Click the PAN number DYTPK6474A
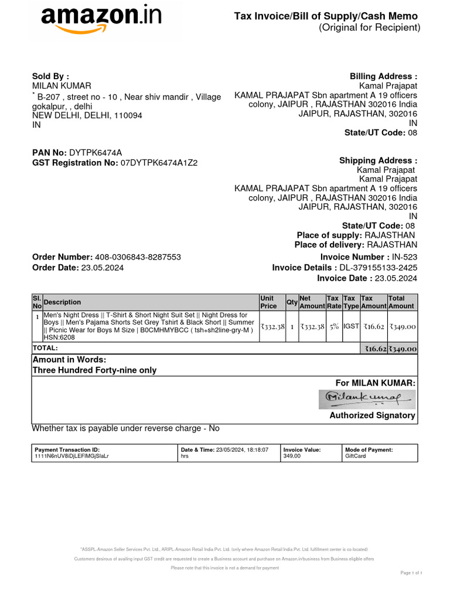pyautogui.click(x=96, y=152)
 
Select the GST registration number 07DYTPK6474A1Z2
pyautogui.click(x=159, y=163)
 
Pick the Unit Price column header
pyautogui.click(x=268, y=302)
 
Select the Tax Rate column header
pyautogui.click(x=333, y=302)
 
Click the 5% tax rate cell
pyautogui.click(x=333, y=326)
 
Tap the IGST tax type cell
pyautogui.click(x=351, y=326)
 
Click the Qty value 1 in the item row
pyautogui.click(x=292, y=326)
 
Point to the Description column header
pyautogui.click(x=63, y=302)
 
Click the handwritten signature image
pyautogui.click(x=366, y=399)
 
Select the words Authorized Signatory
pyautogui.click(x=372, y=415)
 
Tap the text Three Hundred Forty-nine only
pyautogui.click(x=94, y=370)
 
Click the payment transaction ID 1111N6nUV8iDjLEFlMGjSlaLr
pyautogui.click(x=72, y=455)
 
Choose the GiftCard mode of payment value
pyautogui.click(x=356, y=455)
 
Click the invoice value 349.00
pyautogui.click(x=292, y=455)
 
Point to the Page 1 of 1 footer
pyautogui.click(x=411, y=572)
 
